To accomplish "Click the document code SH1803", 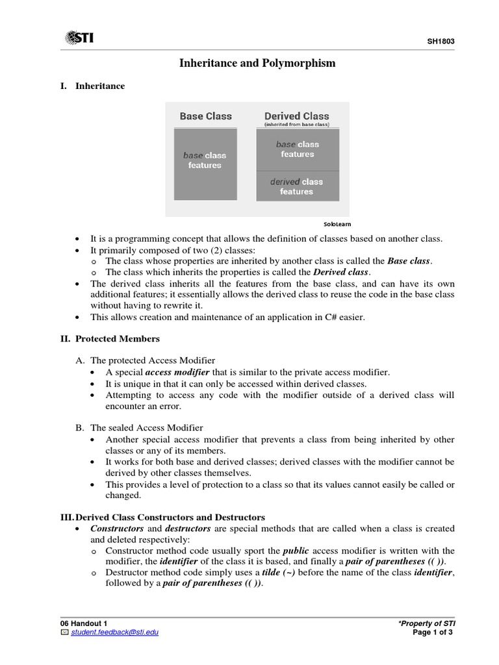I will coord(441,42).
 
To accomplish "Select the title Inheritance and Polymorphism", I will coord(257,63).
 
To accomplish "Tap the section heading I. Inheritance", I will coord(93,86).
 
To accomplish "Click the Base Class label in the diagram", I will coord(205,116).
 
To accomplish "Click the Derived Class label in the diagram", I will coord(296,116).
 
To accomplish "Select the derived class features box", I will coord(296,186).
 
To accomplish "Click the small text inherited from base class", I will coord(296,124).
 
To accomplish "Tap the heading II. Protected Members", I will coord(109,338).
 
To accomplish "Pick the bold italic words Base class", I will coord(409,261).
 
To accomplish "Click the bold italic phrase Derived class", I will coord(342,272).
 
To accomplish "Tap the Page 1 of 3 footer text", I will coord(434,632).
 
